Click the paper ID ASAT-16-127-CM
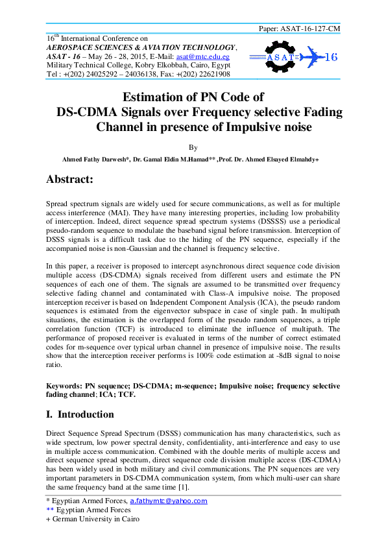point(309,29)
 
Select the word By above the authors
point(193,148)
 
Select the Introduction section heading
point(86,414)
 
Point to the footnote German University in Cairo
point(95,519)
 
